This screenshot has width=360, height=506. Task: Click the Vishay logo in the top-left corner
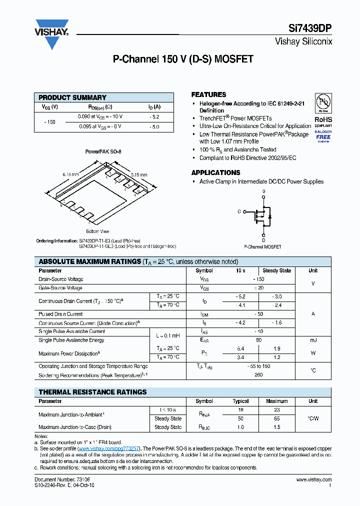click(51, 33)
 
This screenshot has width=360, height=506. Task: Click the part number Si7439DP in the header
click(315, 29)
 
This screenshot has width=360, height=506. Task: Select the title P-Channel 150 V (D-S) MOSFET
click(183, 59)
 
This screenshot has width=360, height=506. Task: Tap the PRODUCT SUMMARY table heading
click(72, 97)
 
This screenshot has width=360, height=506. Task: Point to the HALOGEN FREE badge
click(323, 135)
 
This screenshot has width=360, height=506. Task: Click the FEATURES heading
click(208, 94)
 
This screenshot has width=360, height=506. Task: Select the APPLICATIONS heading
click(215, 172)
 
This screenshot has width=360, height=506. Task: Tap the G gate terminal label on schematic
click(239, 211)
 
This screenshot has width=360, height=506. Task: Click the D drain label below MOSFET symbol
click(263, 240)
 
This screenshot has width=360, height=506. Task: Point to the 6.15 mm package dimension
click(70, 174)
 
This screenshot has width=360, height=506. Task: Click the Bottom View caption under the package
click(97, 231)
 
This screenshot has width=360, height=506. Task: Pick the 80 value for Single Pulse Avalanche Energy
click(258, 340)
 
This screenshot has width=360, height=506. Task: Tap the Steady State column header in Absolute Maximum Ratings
click(276, 270)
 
